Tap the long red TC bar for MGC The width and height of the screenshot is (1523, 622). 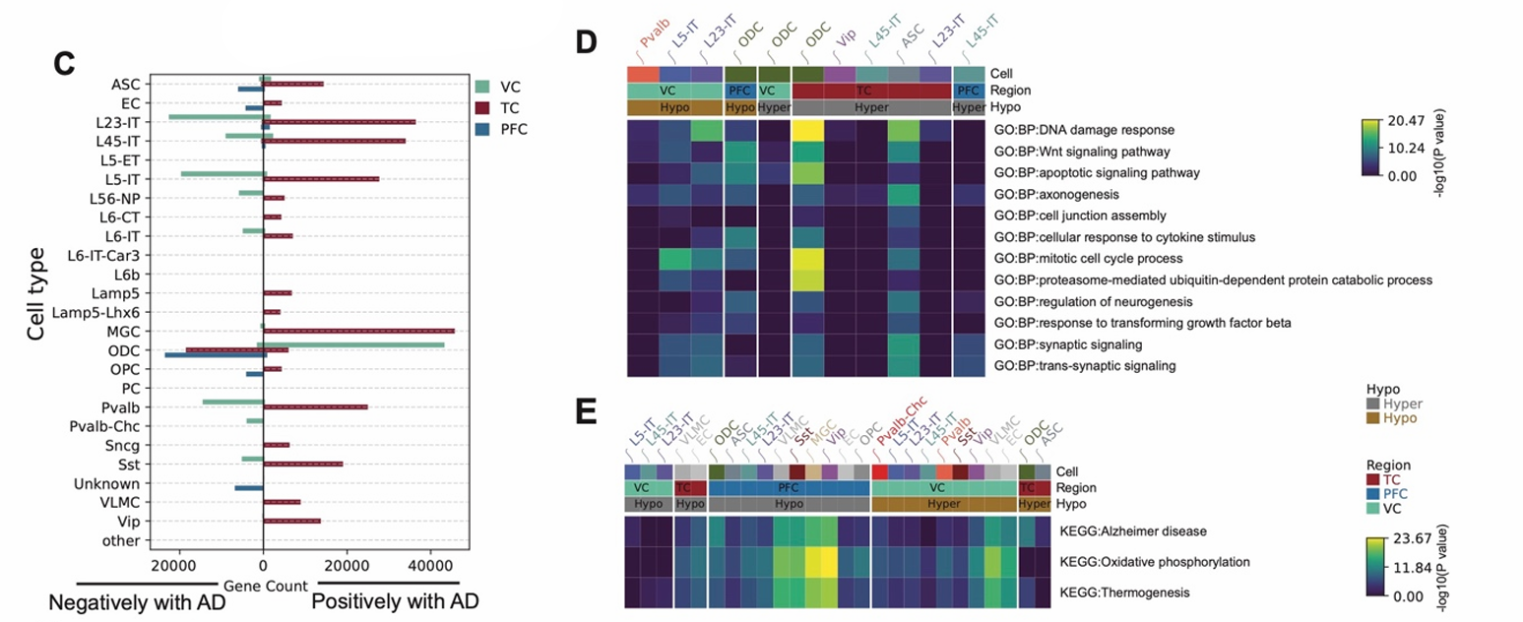[358, 332]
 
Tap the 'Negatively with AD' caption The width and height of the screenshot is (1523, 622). [137, 600]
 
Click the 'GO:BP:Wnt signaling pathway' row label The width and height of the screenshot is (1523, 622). [1082, 152]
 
